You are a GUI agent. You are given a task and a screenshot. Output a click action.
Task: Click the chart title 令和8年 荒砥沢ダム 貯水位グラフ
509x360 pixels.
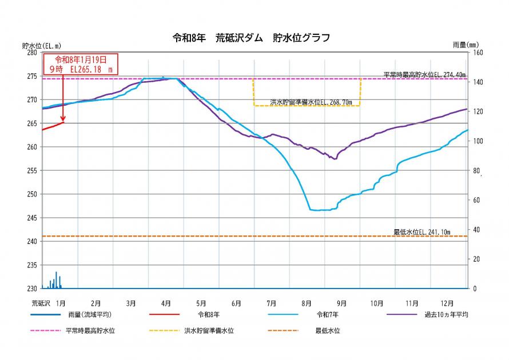click(x=251, y=38)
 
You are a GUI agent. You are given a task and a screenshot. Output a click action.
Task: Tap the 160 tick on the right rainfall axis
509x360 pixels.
click(x=477, y=52)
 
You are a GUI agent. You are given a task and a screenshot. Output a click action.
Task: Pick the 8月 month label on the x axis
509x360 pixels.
click(x=307, y=303)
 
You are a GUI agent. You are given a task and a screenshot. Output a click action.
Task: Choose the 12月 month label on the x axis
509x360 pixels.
click(x=447, y=303)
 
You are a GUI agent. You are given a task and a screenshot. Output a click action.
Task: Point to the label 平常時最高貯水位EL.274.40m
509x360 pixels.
click(x=424, y=74)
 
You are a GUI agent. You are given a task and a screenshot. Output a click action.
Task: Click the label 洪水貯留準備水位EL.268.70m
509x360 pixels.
click(x=311, y=102)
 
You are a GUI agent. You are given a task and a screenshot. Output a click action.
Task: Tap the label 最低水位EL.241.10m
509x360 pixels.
click(x=422, y=232)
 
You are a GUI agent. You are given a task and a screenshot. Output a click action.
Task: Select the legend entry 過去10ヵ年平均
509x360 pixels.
click(x=446, y=315)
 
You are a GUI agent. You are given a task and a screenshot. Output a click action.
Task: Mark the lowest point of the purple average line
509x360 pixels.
click(x=335, y=159)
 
